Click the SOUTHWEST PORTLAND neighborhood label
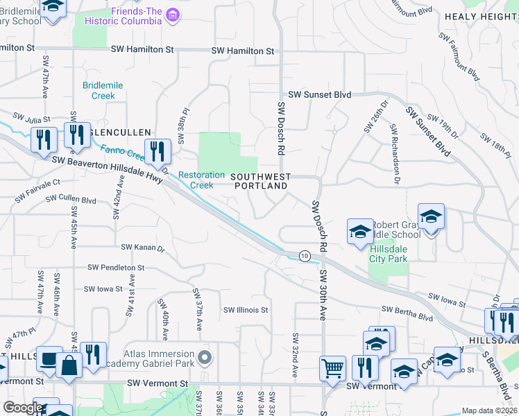[260, 182]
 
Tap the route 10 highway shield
[304, 256]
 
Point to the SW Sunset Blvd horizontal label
[320, 94]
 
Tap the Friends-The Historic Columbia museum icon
[173, 15]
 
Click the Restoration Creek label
[202, 180]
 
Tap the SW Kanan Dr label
[142, 247]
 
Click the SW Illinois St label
[245, 310]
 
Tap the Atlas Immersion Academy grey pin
[204, 358]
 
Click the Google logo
[22, 408]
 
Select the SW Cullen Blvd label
[71, 200]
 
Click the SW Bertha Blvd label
[407, 315]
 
